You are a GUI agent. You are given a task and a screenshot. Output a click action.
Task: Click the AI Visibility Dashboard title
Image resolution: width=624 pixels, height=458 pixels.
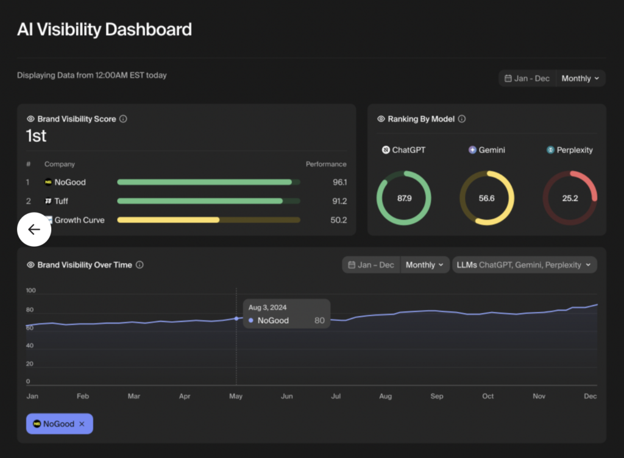point(104,29)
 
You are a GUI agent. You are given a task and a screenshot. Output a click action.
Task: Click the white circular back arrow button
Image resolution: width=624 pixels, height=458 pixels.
point(34,229)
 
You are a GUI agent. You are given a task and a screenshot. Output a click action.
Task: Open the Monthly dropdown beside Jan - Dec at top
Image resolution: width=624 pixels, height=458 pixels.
point(580,79)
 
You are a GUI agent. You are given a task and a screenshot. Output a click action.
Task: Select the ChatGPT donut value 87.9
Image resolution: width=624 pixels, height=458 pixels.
point(403,198)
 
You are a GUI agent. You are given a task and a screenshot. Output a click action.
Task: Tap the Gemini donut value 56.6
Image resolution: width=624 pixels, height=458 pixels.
point(486,198)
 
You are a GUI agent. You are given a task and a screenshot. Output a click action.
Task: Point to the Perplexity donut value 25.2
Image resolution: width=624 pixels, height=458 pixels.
point(570,198)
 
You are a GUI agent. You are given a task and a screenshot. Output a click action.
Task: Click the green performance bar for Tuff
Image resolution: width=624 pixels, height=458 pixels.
point(200,201)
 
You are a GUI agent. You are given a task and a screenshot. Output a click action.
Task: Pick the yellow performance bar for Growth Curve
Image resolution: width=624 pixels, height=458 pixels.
point(168,220)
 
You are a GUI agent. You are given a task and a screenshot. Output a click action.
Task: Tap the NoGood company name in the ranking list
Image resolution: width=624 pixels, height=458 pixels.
point(69,182)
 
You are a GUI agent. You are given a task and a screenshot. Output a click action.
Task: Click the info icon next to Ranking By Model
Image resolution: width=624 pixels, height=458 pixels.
point(461,119)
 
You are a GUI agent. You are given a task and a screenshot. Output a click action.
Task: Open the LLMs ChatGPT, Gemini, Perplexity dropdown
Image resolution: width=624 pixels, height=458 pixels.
point(524,265)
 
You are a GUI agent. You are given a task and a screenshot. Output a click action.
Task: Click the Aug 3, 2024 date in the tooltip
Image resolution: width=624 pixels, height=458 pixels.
point(268,308)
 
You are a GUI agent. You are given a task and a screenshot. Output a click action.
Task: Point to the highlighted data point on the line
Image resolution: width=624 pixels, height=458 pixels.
point(236,319)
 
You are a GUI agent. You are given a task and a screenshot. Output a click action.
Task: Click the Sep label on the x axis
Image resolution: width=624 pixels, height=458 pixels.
point(436,396)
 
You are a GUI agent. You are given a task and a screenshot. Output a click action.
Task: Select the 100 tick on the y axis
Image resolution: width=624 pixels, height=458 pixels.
point(31,291)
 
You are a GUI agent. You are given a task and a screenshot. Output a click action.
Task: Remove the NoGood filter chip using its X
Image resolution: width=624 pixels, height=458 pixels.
point(82,424)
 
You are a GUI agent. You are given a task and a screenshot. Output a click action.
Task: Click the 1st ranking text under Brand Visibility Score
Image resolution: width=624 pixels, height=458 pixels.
point(36,136)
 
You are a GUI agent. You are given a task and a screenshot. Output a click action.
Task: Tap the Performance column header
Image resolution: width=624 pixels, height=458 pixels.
point(325,164)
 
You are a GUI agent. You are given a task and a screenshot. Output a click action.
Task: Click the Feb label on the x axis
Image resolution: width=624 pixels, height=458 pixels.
point(82,396)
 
